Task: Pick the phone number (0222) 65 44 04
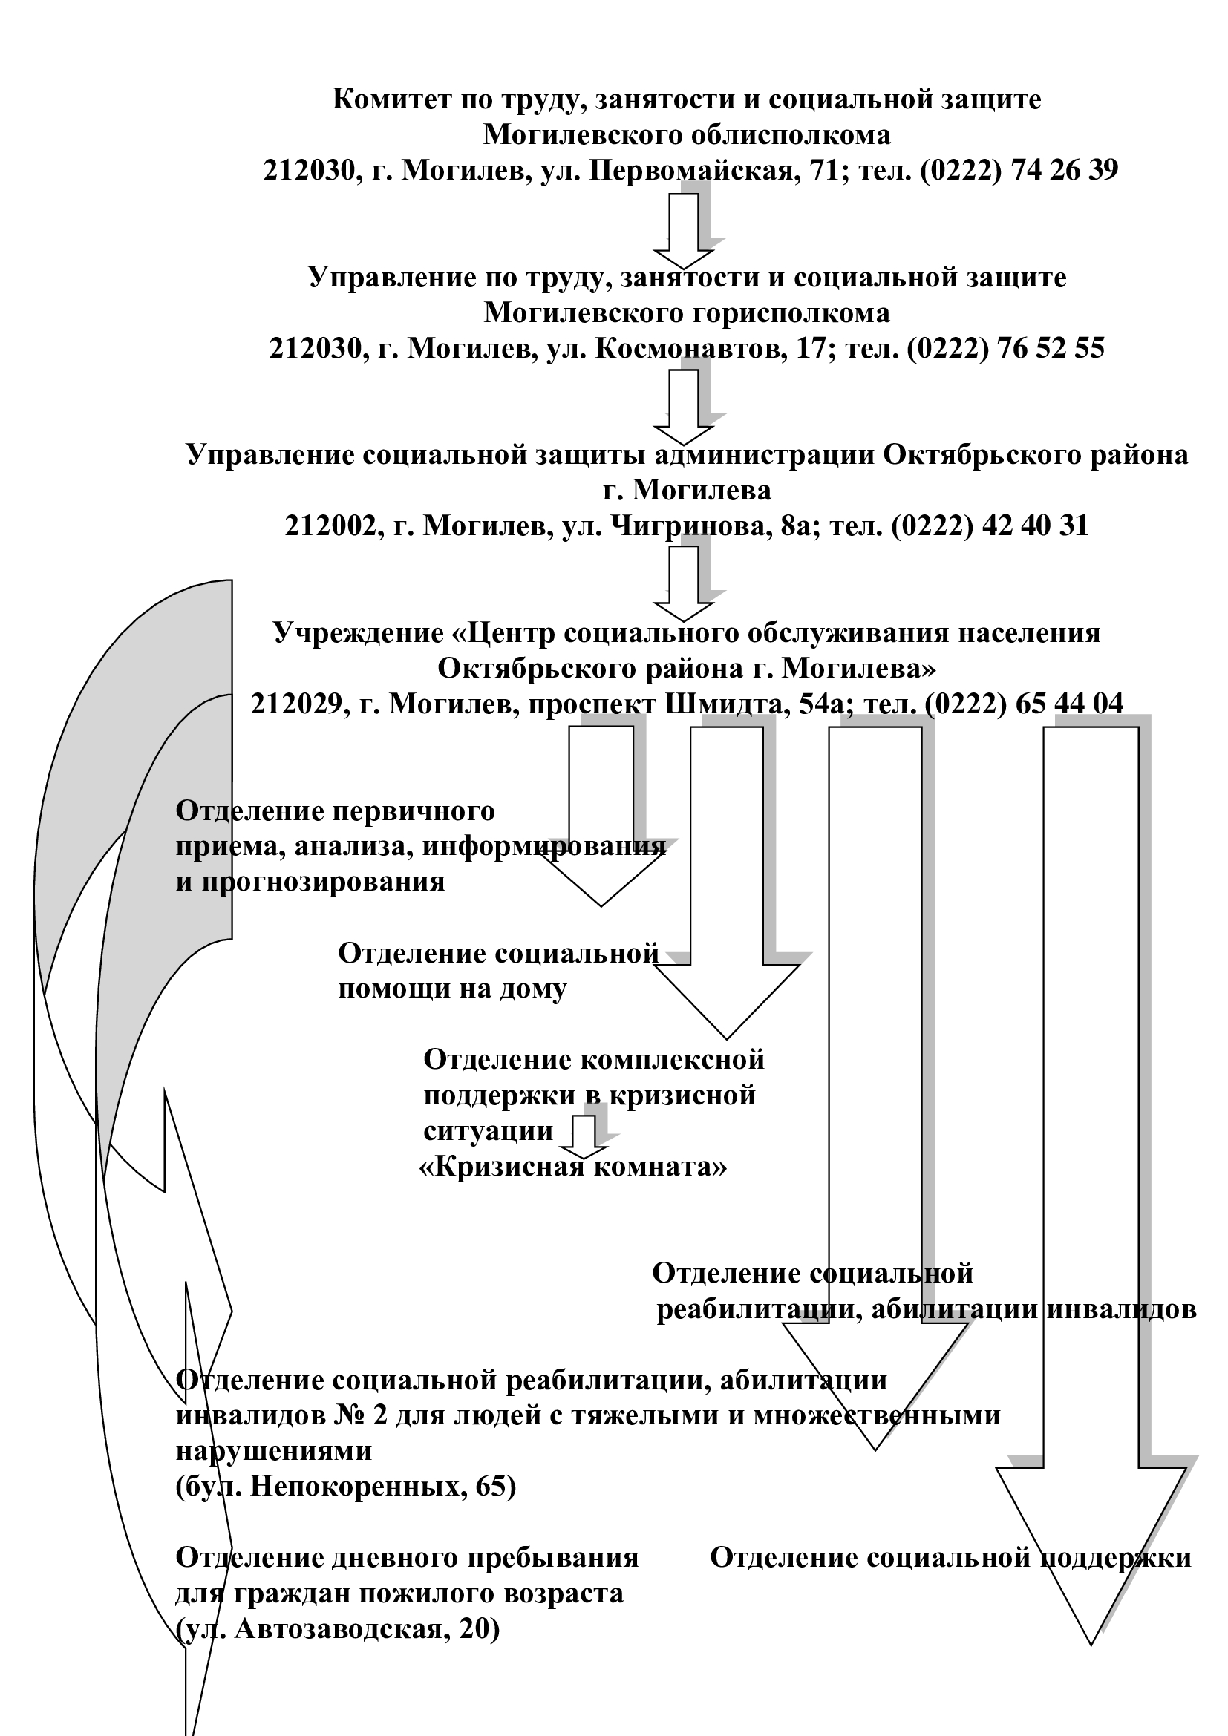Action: pyautogui.click(x=1024, y=704)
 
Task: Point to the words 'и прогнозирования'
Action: pyautogui.click(x=310, y=882)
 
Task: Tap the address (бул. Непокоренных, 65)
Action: pyautogui.click(x=345, y=1487)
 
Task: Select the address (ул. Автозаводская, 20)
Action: pyautogui.click(x=338, y=1628)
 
